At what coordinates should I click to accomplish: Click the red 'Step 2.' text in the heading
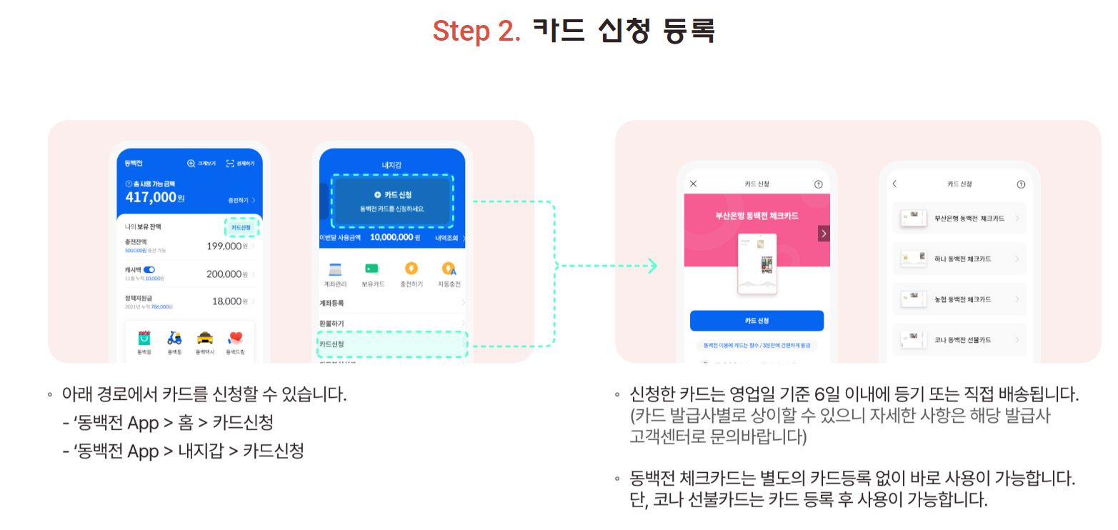tap(476, 31)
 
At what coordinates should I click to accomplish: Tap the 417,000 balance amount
tap(151, 197)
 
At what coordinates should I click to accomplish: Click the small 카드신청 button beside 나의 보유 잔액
tap(241, 227)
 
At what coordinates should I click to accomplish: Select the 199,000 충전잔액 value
tap(224, 246)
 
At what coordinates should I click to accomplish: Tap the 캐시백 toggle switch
tap(149, 269)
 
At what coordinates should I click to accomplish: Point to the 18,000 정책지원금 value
tap(226, 301)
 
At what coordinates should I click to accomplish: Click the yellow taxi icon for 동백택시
tap(205, 338)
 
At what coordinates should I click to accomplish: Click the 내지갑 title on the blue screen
tap(391, 165)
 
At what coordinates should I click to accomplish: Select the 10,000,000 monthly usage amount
tap(391, 237)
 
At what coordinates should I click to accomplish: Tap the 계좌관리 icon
tap(336, 269)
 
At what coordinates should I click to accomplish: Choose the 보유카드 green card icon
tap(372, 269)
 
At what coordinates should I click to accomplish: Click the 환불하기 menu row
tap(391, 324)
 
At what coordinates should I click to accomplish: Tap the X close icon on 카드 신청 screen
tap(693, 184)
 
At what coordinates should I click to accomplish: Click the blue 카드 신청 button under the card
tap(757, 321)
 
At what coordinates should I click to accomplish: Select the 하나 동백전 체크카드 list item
tap(959, 259)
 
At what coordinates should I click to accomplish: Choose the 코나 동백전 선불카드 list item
tap(959, 340)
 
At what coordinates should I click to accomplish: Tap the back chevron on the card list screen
tap(894, 184)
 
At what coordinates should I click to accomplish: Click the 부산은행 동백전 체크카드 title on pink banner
tap(757, 215)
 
